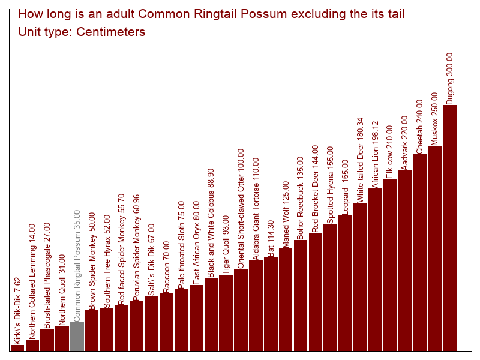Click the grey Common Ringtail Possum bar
(x=77, y=337)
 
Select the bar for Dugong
(x=450, y=228)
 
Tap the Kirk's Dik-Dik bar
(x=17, y=347)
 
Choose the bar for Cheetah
(x=420, y=252)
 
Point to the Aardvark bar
(x=405, y=260)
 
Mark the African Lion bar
(x=375, y=269)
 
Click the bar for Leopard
(x=346, y=283)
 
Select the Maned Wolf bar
(x=286, y=299)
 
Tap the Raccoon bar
(x=166, y=322)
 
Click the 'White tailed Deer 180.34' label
(x=361, y=159)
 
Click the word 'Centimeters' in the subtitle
(x=110, y=32)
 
